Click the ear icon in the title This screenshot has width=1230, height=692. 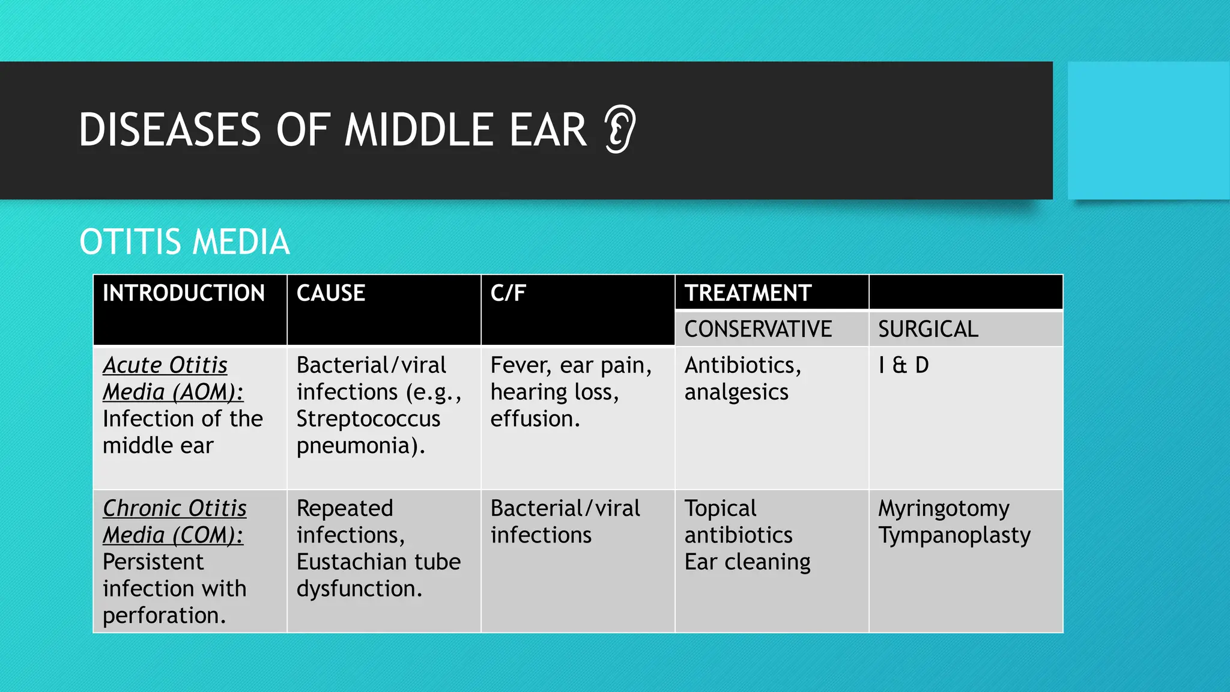(620, 129)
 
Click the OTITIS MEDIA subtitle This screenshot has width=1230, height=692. (184, 241)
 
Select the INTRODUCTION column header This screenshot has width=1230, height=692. (183, 293)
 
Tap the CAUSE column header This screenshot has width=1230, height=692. (331, 293)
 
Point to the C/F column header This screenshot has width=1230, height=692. (508, 293)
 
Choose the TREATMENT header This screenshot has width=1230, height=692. (748, 293)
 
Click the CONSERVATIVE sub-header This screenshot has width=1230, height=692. (758, 329)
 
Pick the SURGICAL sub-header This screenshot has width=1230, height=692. (928, 329)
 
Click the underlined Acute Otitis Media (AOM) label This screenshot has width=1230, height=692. (172, 378)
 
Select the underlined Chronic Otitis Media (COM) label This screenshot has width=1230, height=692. (174, 521)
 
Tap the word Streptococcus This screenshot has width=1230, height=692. (368, 419)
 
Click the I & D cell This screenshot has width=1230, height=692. (903, 365)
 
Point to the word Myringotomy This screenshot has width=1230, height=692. (944, 509)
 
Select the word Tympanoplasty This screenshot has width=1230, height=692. (954, 535)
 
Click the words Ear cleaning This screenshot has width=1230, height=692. (747, 562)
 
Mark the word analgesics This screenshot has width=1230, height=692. (736, 392)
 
